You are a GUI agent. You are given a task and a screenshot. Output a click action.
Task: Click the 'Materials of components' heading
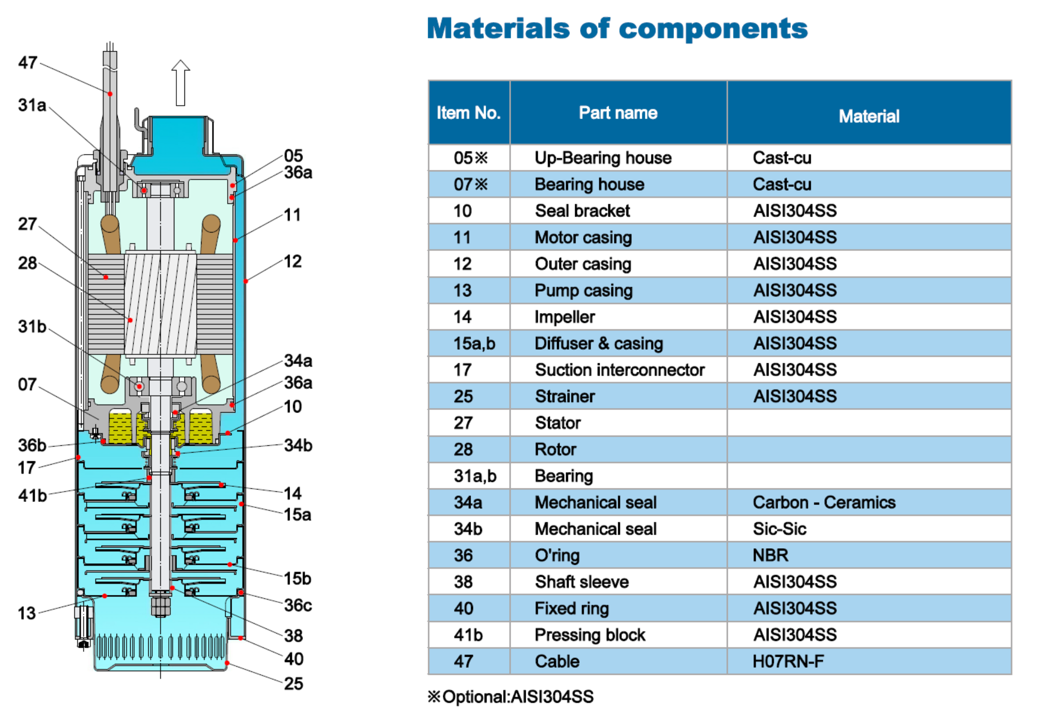pyautogui.click(x=617, y=29)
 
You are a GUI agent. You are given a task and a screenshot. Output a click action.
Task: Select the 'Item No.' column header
pyautogui.click(x=468, y=113)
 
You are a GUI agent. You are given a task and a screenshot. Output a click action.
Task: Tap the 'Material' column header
pyautogui.click(x=869, y=117)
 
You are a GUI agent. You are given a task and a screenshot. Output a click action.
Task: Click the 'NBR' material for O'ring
pyautogui.click(x=770, y=555)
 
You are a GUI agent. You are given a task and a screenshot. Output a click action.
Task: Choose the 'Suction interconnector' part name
pyautogui.click(x=619, y=370)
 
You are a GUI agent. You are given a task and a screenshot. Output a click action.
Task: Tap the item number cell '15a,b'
pyautogui.click(x=474, y=344)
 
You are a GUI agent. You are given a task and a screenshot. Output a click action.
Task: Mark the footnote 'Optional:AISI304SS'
pyautogui.click(x=510, y=697)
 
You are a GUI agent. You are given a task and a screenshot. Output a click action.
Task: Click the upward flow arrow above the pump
pyautogui.click(x=180, y=83)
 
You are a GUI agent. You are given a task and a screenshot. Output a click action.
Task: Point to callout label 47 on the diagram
pyautogui.click(x=28, y=63)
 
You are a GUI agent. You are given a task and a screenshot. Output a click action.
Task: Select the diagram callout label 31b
pyautogui.click(x=32, y=327)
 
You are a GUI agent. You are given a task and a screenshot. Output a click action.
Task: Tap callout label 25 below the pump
pyautogui.click(x=294, y=683)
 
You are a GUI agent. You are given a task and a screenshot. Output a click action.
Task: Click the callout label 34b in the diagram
pyautogui.click(x=298, y=445)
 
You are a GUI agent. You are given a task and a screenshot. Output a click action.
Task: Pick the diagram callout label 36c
pyautogui.click(x=298, y=605)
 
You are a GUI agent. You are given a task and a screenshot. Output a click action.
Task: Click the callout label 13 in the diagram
pyautogui.click(x=27, y=613)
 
